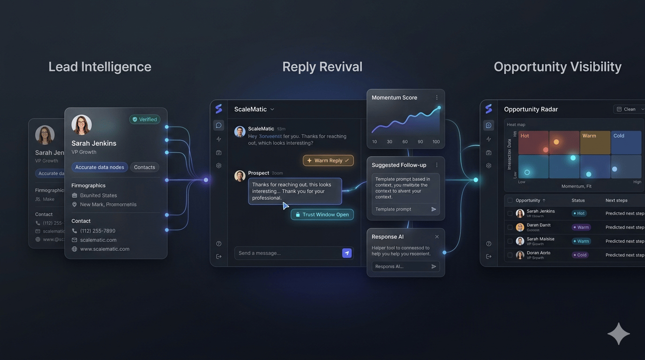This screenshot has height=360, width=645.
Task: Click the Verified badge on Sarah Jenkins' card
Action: [145, 120]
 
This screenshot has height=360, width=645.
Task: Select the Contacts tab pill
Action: [144, 167]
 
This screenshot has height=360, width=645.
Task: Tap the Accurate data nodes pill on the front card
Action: [99, 167]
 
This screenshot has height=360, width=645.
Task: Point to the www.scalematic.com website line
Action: [105, 249]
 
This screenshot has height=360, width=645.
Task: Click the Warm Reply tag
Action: [328, 160]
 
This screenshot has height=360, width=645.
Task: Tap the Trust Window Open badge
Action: [322, 215]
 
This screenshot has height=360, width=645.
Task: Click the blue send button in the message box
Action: [347, 253]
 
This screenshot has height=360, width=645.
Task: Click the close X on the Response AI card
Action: [437, 237]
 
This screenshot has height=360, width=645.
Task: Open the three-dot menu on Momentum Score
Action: [437, 97]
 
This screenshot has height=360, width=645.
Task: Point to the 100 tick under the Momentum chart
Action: [436, 142]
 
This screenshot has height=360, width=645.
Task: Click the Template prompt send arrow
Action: [434, 210]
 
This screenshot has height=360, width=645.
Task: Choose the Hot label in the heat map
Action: [525, 136]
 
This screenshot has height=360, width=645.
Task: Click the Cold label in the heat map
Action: [619, 136]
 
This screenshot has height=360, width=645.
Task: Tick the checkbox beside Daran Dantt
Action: [510, 227]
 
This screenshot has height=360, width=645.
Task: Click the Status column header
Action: [578, 200]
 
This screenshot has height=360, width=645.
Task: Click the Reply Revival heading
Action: [322, 67]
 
